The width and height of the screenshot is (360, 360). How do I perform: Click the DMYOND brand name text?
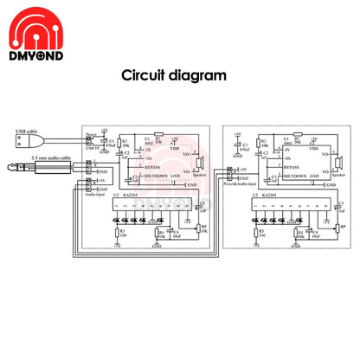click(34, 55)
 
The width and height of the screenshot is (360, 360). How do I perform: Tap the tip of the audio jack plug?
click(8, 167)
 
